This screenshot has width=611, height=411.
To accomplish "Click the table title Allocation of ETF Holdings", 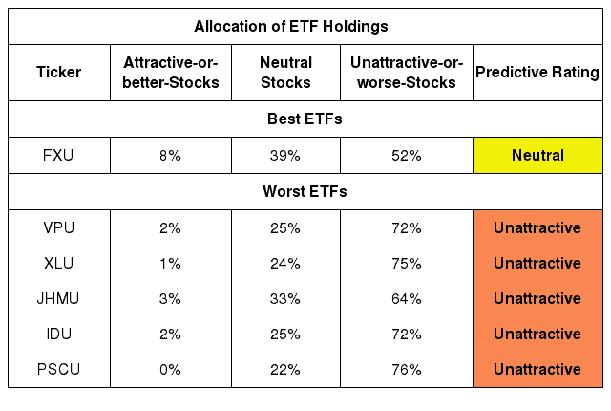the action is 291,27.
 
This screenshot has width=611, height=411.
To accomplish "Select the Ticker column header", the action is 59,72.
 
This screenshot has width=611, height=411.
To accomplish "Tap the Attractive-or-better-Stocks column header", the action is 171,73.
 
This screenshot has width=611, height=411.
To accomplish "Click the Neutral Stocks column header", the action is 286,73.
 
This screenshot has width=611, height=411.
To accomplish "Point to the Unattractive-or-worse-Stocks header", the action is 407,73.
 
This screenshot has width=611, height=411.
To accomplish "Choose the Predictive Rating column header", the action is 537,72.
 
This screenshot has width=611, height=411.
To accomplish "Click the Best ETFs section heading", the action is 305,119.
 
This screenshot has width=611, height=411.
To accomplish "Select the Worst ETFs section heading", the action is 305,192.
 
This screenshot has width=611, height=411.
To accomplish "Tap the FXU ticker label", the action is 58,156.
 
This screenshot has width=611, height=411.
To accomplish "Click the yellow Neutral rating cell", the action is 537,155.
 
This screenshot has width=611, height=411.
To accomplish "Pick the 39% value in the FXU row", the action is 285,156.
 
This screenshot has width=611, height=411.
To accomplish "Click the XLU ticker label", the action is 58,264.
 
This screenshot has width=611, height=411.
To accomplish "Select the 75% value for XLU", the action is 407,264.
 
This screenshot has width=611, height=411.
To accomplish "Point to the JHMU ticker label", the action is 58,299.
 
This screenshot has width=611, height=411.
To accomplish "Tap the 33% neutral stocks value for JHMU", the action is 285,299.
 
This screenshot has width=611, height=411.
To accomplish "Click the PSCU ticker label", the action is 58,370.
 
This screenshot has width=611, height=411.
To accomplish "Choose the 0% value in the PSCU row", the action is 170,370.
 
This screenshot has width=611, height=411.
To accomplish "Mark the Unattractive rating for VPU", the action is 537,228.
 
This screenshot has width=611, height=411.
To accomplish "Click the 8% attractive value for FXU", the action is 170,156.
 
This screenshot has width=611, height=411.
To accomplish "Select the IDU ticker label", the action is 59,335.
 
